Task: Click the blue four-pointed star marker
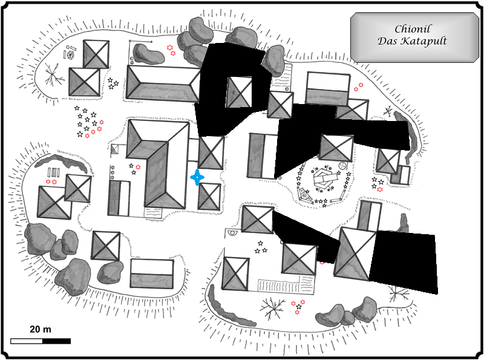(197, 177)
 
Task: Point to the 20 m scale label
(40, 329)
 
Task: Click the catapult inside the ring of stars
(325, 180)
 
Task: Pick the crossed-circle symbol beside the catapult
(342, 165)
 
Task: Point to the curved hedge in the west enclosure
(60, 160)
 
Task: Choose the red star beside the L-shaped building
(138, 166)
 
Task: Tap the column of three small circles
(112, 172)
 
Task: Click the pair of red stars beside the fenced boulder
(171, 50)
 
